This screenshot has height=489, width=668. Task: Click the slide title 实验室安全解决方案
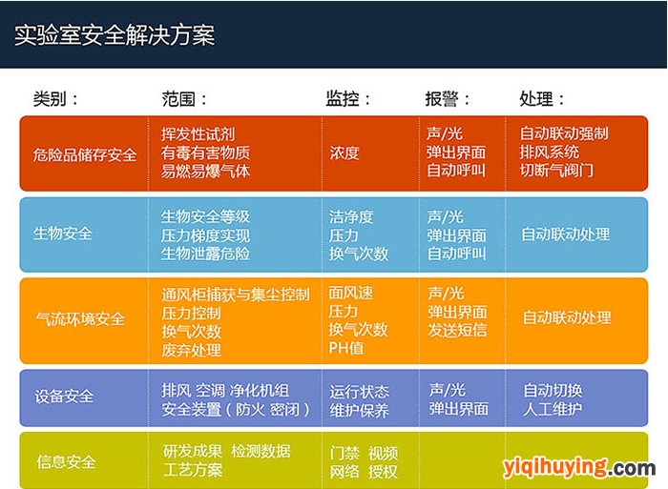coord(115,35)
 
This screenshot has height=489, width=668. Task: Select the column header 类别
coord(50,99)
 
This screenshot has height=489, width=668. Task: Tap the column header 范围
coord(178,99)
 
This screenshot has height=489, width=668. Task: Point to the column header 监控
coord(342,99)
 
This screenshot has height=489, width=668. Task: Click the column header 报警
coord(441,99)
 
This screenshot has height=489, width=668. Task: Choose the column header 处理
coord(536,99)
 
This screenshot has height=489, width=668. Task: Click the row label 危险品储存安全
coord(85,154)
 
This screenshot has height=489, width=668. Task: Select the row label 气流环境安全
coord(80,318)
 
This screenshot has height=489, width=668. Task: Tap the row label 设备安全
coord(64,397)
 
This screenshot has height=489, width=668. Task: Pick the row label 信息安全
coord(66,461)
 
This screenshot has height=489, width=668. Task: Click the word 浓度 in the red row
coord(344,153)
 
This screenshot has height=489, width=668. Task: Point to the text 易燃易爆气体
coord(205,171)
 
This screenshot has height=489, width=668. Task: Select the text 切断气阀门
coord(556,171)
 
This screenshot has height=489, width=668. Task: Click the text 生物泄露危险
coord(205,254)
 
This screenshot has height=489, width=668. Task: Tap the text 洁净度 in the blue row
coord(351,217)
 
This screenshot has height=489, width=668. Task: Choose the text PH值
coord(345,348)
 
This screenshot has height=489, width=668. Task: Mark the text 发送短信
coord(457,330)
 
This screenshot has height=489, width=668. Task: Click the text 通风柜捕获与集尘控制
coord(236,295)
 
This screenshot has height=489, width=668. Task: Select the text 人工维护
coord(553,409)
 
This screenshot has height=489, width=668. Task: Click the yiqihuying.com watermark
coord(579,468)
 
